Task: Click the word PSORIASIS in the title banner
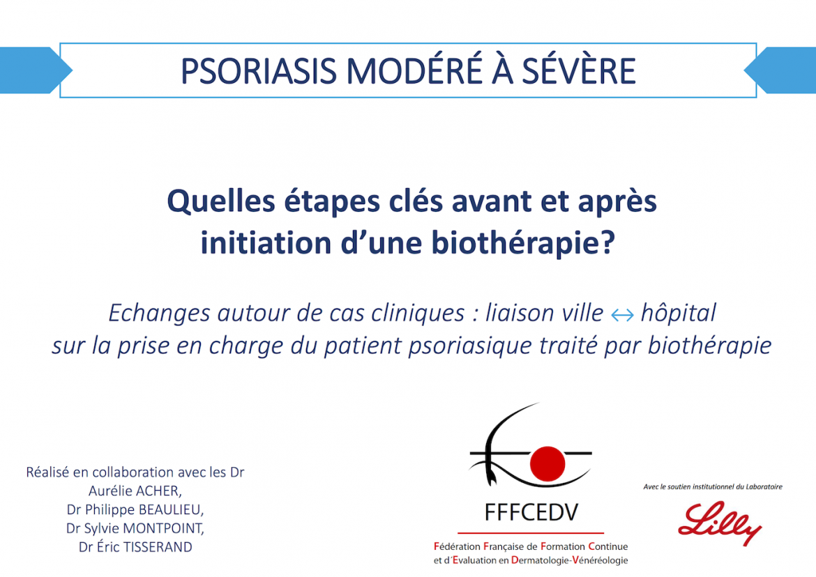[258, 70]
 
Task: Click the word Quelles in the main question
[220, 201]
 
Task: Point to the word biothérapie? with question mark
[524, 243]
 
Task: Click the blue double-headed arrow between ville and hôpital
[622, 315]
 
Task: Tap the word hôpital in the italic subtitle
[679, 313]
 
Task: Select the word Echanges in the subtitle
[159, 314]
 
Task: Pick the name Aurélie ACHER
[135, 491]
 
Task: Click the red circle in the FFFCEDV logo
[547, 463]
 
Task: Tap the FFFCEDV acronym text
[531, 513]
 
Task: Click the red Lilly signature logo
[720, 523]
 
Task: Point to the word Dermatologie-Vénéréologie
[570, 560]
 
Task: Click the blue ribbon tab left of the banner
[34, 70]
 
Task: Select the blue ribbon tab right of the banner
[780, 70]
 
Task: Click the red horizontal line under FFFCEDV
[531, 533]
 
